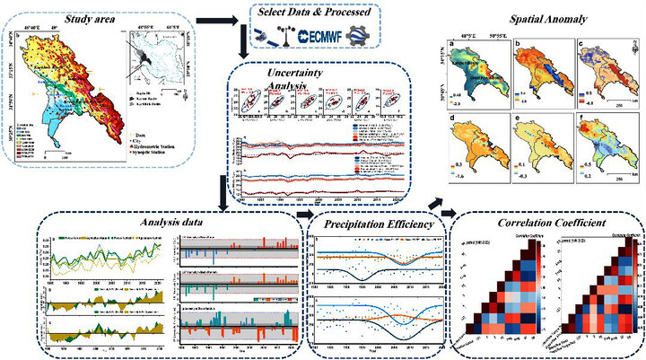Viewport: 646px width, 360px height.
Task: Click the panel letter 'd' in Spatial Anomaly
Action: [454, 140]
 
